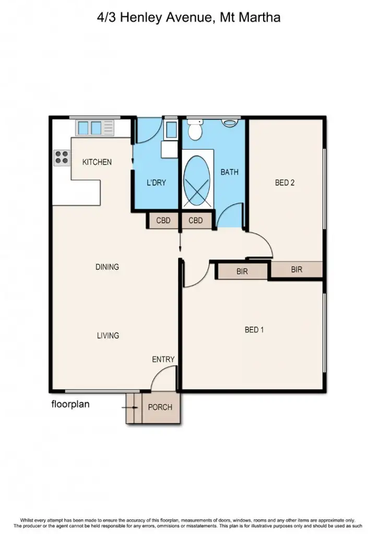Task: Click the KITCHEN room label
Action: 97,162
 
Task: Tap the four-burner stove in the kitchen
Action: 62,157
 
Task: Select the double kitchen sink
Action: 89,127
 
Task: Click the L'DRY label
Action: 156,183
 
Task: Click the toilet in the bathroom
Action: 195,130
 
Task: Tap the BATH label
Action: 229,172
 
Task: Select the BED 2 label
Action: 285,183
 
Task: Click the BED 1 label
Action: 254,330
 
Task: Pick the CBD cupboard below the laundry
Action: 163,221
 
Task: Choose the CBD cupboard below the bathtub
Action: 196,221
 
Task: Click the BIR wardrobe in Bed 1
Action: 242,272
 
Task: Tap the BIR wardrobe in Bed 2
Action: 297,270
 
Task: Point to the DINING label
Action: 107,267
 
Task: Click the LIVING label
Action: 108,335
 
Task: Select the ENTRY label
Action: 163,359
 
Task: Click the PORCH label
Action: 160,407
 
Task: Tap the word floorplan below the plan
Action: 70,404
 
